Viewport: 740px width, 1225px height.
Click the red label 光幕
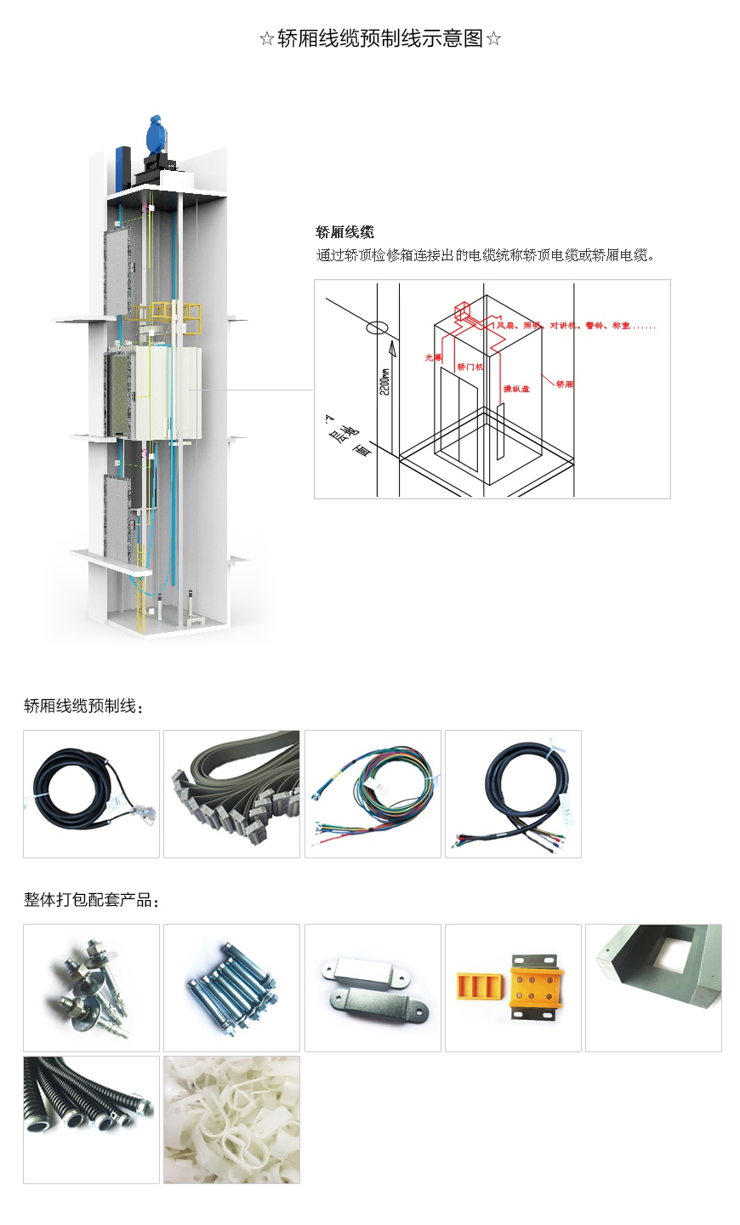point(433,358)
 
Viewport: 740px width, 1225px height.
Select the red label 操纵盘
point(516,389)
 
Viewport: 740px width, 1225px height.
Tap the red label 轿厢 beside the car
point(564,385)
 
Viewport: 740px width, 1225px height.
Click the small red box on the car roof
point(463,311)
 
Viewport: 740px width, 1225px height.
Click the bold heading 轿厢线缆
point(344,232)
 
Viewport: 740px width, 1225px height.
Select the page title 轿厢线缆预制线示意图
point(380,39)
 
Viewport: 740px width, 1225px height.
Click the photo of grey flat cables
point(231,794)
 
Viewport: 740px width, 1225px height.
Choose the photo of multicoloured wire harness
point(373,794)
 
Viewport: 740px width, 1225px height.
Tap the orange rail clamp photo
point(513,988)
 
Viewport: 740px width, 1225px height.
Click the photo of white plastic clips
point(231,1120)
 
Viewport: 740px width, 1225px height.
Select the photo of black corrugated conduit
point(91,1120)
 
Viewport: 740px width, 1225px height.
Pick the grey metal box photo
point(653,988)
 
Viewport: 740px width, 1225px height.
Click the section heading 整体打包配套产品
point(91,900)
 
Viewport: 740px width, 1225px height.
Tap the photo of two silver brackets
point(373,988)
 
